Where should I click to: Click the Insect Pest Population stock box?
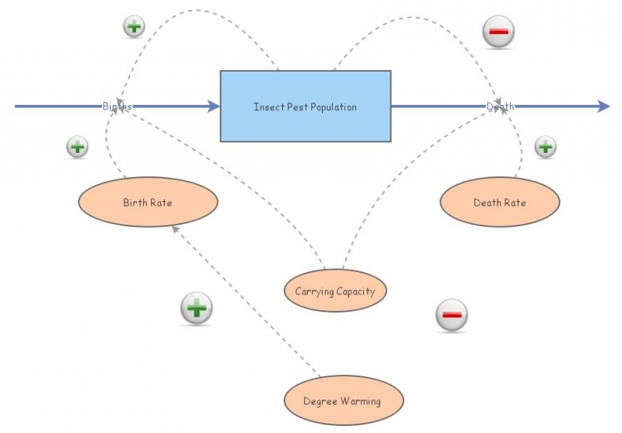[306, 107]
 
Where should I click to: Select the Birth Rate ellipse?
[148, 202]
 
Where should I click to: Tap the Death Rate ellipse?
[500, 202]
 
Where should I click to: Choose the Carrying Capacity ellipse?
[335, 292]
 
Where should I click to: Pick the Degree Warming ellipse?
[342, 401]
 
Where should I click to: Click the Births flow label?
[117, 107]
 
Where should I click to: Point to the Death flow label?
[501, 107]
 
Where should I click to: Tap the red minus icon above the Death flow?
[499, 32]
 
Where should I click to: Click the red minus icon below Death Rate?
[452, 316]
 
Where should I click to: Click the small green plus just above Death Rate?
[545, 146]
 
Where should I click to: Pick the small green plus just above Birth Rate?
[77, 146]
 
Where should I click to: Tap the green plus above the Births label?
[135, 26]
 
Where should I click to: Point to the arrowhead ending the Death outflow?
[603, 107]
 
